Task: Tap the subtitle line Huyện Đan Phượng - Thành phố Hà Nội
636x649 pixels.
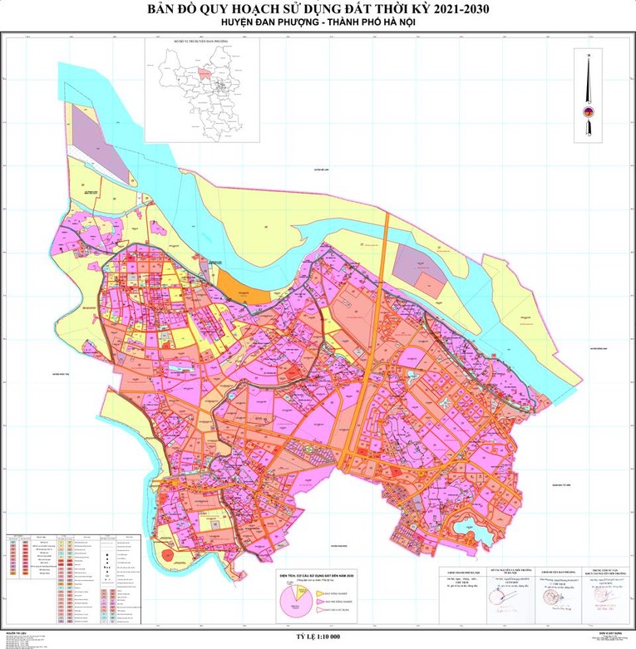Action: pyautogui.click(x=318, y=25)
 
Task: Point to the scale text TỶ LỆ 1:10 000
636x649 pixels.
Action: pyautogui.click(x=318, y=636)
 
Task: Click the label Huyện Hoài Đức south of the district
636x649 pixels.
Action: pyautogui.click(x=336, y=545)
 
